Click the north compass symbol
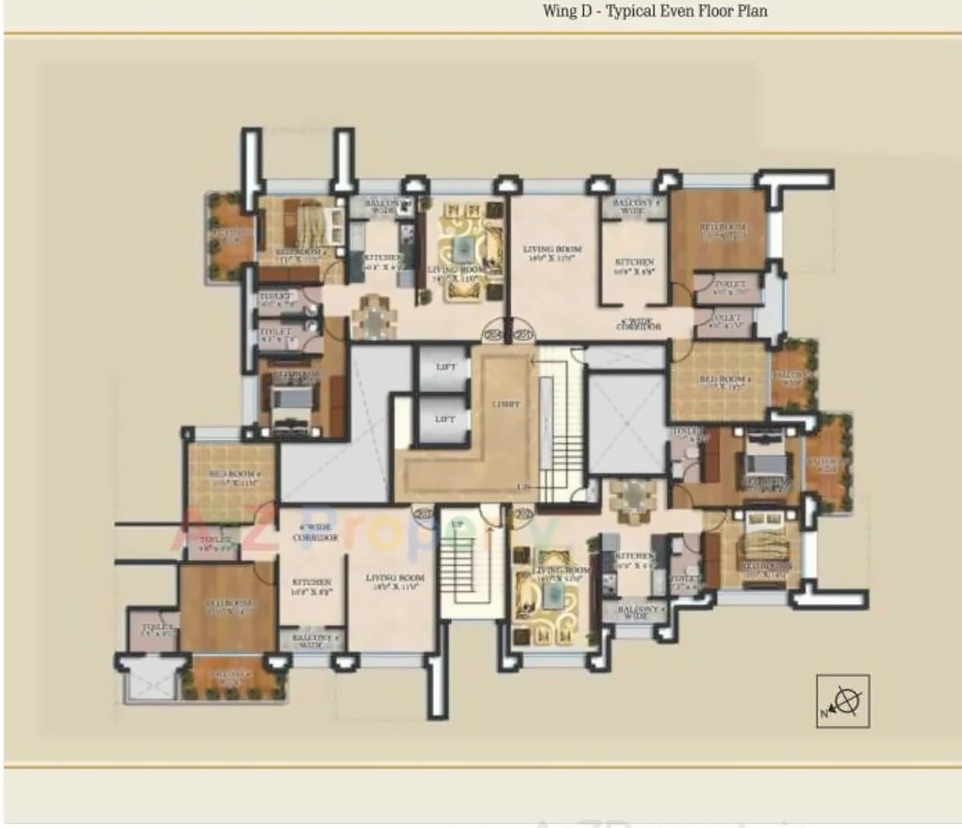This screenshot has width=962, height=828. [844, 701]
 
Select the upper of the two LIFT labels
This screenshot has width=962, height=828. [446, 366]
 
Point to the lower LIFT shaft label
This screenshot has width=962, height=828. [445, 419]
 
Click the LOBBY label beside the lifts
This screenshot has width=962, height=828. [505, 404]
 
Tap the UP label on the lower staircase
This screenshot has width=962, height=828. [458, 525]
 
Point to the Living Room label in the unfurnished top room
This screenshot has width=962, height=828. [553, 253]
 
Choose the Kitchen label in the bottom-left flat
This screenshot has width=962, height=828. [312, 586]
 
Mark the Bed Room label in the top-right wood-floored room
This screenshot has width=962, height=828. [723, 230]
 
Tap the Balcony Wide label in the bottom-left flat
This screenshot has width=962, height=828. [312, 641]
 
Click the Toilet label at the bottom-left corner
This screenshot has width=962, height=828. [159, 630]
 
